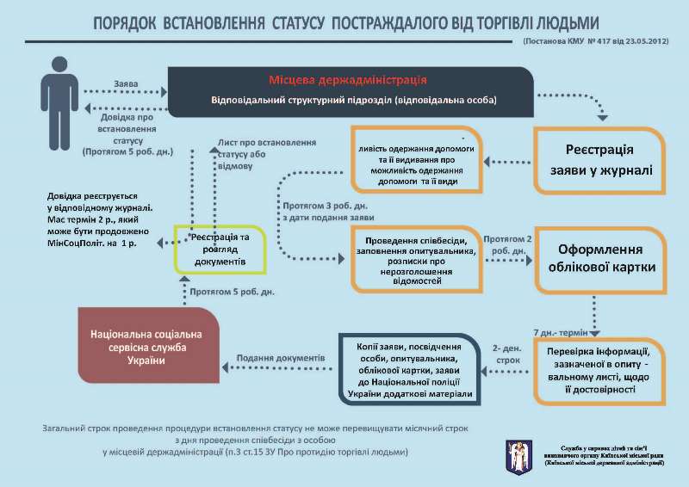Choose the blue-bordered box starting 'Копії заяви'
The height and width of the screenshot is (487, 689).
(409, 368)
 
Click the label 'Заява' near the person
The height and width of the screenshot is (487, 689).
(127, 83)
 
